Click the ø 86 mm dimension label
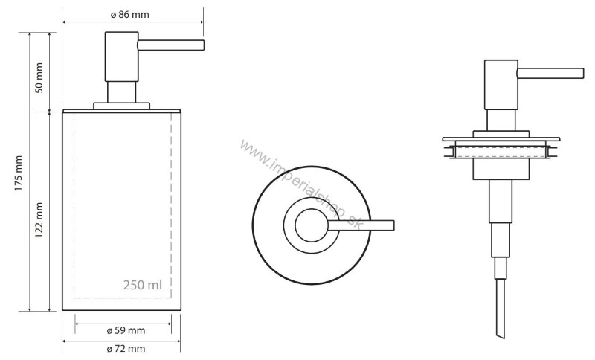129,15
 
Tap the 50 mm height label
39,78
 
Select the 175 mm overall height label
19,173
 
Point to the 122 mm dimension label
39,220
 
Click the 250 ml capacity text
142,285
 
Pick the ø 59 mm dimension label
126,330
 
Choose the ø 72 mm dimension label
126,348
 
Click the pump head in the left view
121,57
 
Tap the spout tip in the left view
202,45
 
